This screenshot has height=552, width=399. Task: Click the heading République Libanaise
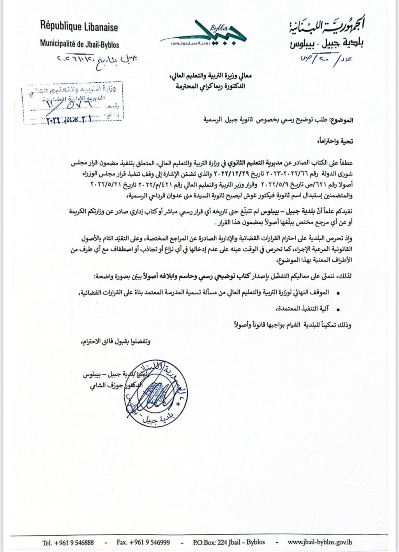(79, 27)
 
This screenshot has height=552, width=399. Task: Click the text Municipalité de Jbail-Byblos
(79, 44)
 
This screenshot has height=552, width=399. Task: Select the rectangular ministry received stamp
(73, 103)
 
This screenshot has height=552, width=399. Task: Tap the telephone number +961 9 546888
(68, 542)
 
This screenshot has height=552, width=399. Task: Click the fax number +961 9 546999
(143, 542)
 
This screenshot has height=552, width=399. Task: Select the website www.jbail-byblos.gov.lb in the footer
(320, 542)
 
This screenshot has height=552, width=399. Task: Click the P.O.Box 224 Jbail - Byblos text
(229, 542)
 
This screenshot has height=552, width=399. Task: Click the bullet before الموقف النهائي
(338, 293)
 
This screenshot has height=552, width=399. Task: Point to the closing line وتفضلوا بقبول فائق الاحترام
(116, 341)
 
